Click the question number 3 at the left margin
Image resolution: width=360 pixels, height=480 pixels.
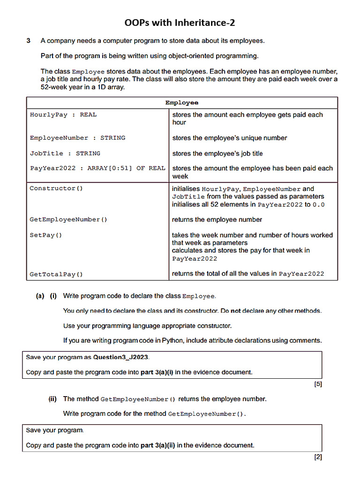click(29, 41)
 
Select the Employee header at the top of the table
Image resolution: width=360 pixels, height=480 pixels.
click(182, 103)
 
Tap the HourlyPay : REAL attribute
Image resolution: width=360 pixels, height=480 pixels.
click(63, 114)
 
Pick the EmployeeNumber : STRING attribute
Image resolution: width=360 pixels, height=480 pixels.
click(77, 138)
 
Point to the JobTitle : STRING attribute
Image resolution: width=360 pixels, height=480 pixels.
click(65, 153)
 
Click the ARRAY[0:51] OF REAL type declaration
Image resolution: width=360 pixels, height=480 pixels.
click(126, 168)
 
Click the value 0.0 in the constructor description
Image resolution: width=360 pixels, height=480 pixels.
click(319, 204)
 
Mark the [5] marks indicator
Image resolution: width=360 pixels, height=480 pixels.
click(317, 384)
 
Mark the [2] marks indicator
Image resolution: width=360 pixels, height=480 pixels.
click(317, 457)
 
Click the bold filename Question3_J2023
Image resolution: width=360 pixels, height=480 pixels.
click(120, 357)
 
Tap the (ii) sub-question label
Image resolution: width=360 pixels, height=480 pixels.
click(52, 399)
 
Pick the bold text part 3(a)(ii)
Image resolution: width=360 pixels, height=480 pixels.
click(158, 445)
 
